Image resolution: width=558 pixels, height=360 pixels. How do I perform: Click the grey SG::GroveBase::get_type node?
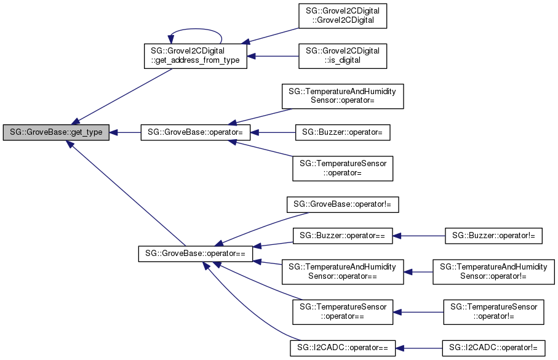pyautogui.click(x=56, y=132)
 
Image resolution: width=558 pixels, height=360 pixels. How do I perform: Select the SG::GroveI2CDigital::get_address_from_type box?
pyautogui.click(x=194, y=55)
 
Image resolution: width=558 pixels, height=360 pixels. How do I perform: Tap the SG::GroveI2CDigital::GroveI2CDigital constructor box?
pyautogui.click(x=342, y=17)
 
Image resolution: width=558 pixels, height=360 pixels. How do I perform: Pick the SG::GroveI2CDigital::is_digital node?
pyautogui.click(x=342, y=55)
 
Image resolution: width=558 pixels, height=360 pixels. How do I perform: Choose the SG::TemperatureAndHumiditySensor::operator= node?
pyautogui.click(x=342, y=97)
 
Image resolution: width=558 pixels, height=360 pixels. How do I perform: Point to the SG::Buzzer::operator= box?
pyautogui.click(x=342, y=132)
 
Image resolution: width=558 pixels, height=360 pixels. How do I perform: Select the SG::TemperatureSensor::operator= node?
pyautogui.click(x=342, y=168)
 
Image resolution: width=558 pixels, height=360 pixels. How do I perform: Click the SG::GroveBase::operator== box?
pyautogui.click(x=194, y=253)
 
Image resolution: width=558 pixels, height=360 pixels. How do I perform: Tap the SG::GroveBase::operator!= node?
pyautogui.click(x=342, y=204)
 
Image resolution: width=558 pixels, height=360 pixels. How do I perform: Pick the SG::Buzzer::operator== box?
pyautogui.click(x=342, y=235)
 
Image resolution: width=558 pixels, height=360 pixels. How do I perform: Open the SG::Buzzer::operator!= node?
pyautogui.click(x=493, y=235)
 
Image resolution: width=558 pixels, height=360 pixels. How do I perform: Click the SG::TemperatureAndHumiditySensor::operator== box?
pyautogui.click(x=342, y=271)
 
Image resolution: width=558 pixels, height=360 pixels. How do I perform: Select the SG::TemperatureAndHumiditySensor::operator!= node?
pyautogui.click(x=493, y=271)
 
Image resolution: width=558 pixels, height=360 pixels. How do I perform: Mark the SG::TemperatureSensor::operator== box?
pyautogui.click(x=342, y=311)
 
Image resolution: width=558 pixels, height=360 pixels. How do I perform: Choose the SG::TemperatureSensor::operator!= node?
pyautogui.click(x=493, y=311)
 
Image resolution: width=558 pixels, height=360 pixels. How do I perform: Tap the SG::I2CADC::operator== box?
pyautogui.click(x=342, y=348)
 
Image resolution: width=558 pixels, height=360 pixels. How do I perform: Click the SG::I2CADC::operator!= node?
pyautogui.click(x=493, y=348)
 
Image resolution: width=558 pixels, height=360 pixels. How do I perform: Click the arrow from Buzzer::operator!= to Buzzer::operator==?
pyautogui.click(x=418, y=235)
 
